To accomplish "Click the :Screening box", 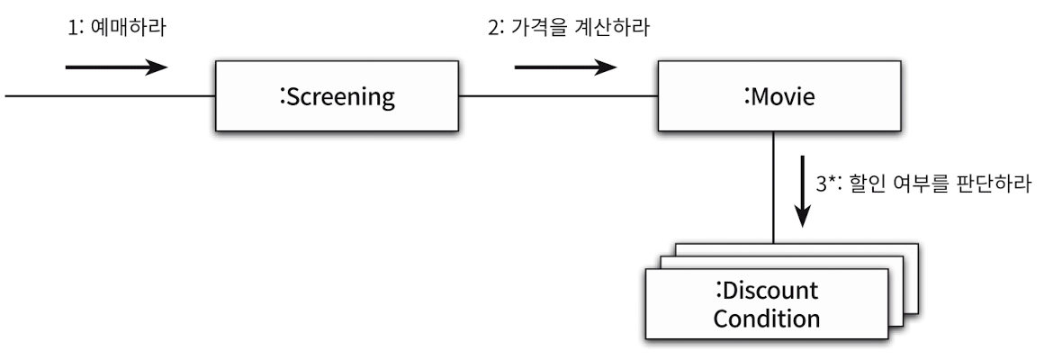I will pos(337,96).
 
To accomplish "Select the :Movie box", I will pos(779,96).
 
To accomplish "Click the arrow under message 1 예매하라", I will pos(117,67).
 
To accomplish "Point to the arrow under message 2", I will pos(565,67).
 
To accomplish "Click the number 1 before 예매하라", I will pos(73,29).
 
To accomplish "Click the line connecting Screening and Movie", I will pos(558,96).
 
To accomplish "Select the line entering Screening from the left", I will pos(108,96).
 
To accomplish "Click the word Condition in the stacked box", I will pos(768,319).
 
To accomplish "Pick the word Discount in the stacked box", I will pos(770,292).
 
